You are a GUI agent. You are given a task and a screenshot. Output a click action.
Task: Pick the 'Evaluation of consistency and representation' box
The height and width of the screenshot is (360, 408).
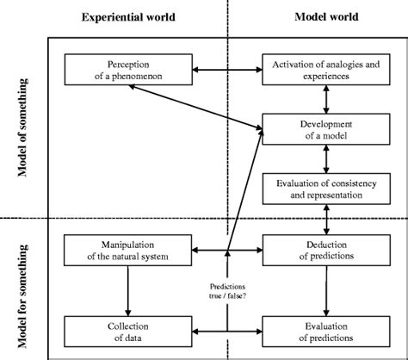click(325, 188)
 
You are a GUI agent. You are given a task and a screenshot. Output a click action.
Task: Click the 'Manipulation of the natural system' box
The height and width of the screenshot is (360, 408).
click(127, 251)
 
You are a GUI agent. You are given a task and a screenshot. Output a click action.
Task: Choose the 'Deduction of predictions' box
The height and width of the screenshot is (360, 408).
click(325, 251)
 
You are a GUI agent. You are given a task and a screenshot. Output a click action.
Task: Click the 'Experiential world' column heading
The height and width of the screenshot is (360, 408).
click(127, 17)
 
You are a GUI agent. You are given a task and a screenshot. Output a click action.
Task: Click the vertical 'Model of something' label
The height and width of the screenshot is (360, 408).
click(23, 127)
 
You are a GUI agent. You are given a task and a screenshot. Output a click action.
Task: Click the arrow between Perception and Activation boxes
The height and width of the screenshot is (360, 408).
click(226, 68)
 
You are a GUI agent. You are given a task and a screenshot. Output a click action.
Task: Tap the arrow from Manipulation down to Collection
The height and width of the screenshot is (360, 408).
click(127, 290)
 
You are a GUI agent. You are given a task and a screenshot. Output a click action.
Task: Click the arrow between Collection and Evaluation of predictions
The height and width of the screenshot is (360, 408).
click(226, 330)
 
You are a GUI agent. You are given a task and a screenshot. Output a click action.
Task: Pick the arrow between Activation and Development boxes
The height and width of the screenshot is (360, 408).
click(325, 99)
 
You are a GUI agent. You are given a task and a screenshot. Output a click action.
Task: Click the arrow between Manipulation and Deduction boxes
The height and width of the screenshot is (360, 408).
click(226, 251)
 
